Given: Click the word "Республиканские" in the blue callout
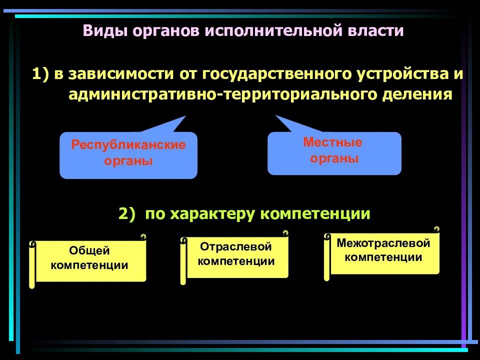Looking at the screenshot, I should click(128, 145).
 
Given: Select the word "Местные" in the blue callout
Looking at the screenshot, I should click(332, 142).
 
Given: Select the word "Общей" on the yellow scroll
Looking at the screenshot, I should click(89, 250).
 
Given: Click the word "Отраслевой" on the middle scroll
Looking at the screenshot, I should click(236, 246).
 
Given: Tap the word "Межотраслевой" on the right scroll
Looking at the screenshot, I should click(383, 243).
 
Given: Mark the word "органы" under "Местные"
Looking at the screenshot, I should click(334, 159).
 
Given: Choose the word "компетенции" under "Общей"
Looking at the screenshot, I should click(89, 265).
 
